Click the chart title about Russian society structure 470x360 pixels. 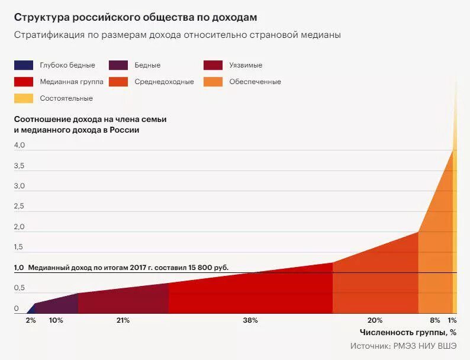tap(136, 17)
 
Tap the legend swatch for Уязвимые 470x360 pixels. tap(213, 65)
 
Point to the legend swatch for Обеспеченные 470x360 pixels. tap(213, 82)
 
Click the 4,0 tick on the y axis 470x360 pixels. tap(20, 145)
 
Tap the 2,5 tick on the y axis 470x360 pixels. tap(20, 206)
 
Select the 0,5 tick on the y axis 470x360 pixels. tap(20, 288)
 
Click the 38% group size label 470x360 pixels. tap(250, 320)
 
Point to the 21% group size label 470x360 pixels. tap(123, 320)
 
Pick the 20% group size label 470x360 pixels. tap(375, 320)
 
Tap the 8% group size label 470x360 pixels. tap(435, 320)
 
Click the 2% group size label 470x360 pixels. tap(31, 320)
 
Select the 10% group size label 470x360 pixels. tap(56, 320)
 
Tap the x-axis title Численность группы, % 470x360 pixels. tap(408, 332)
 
